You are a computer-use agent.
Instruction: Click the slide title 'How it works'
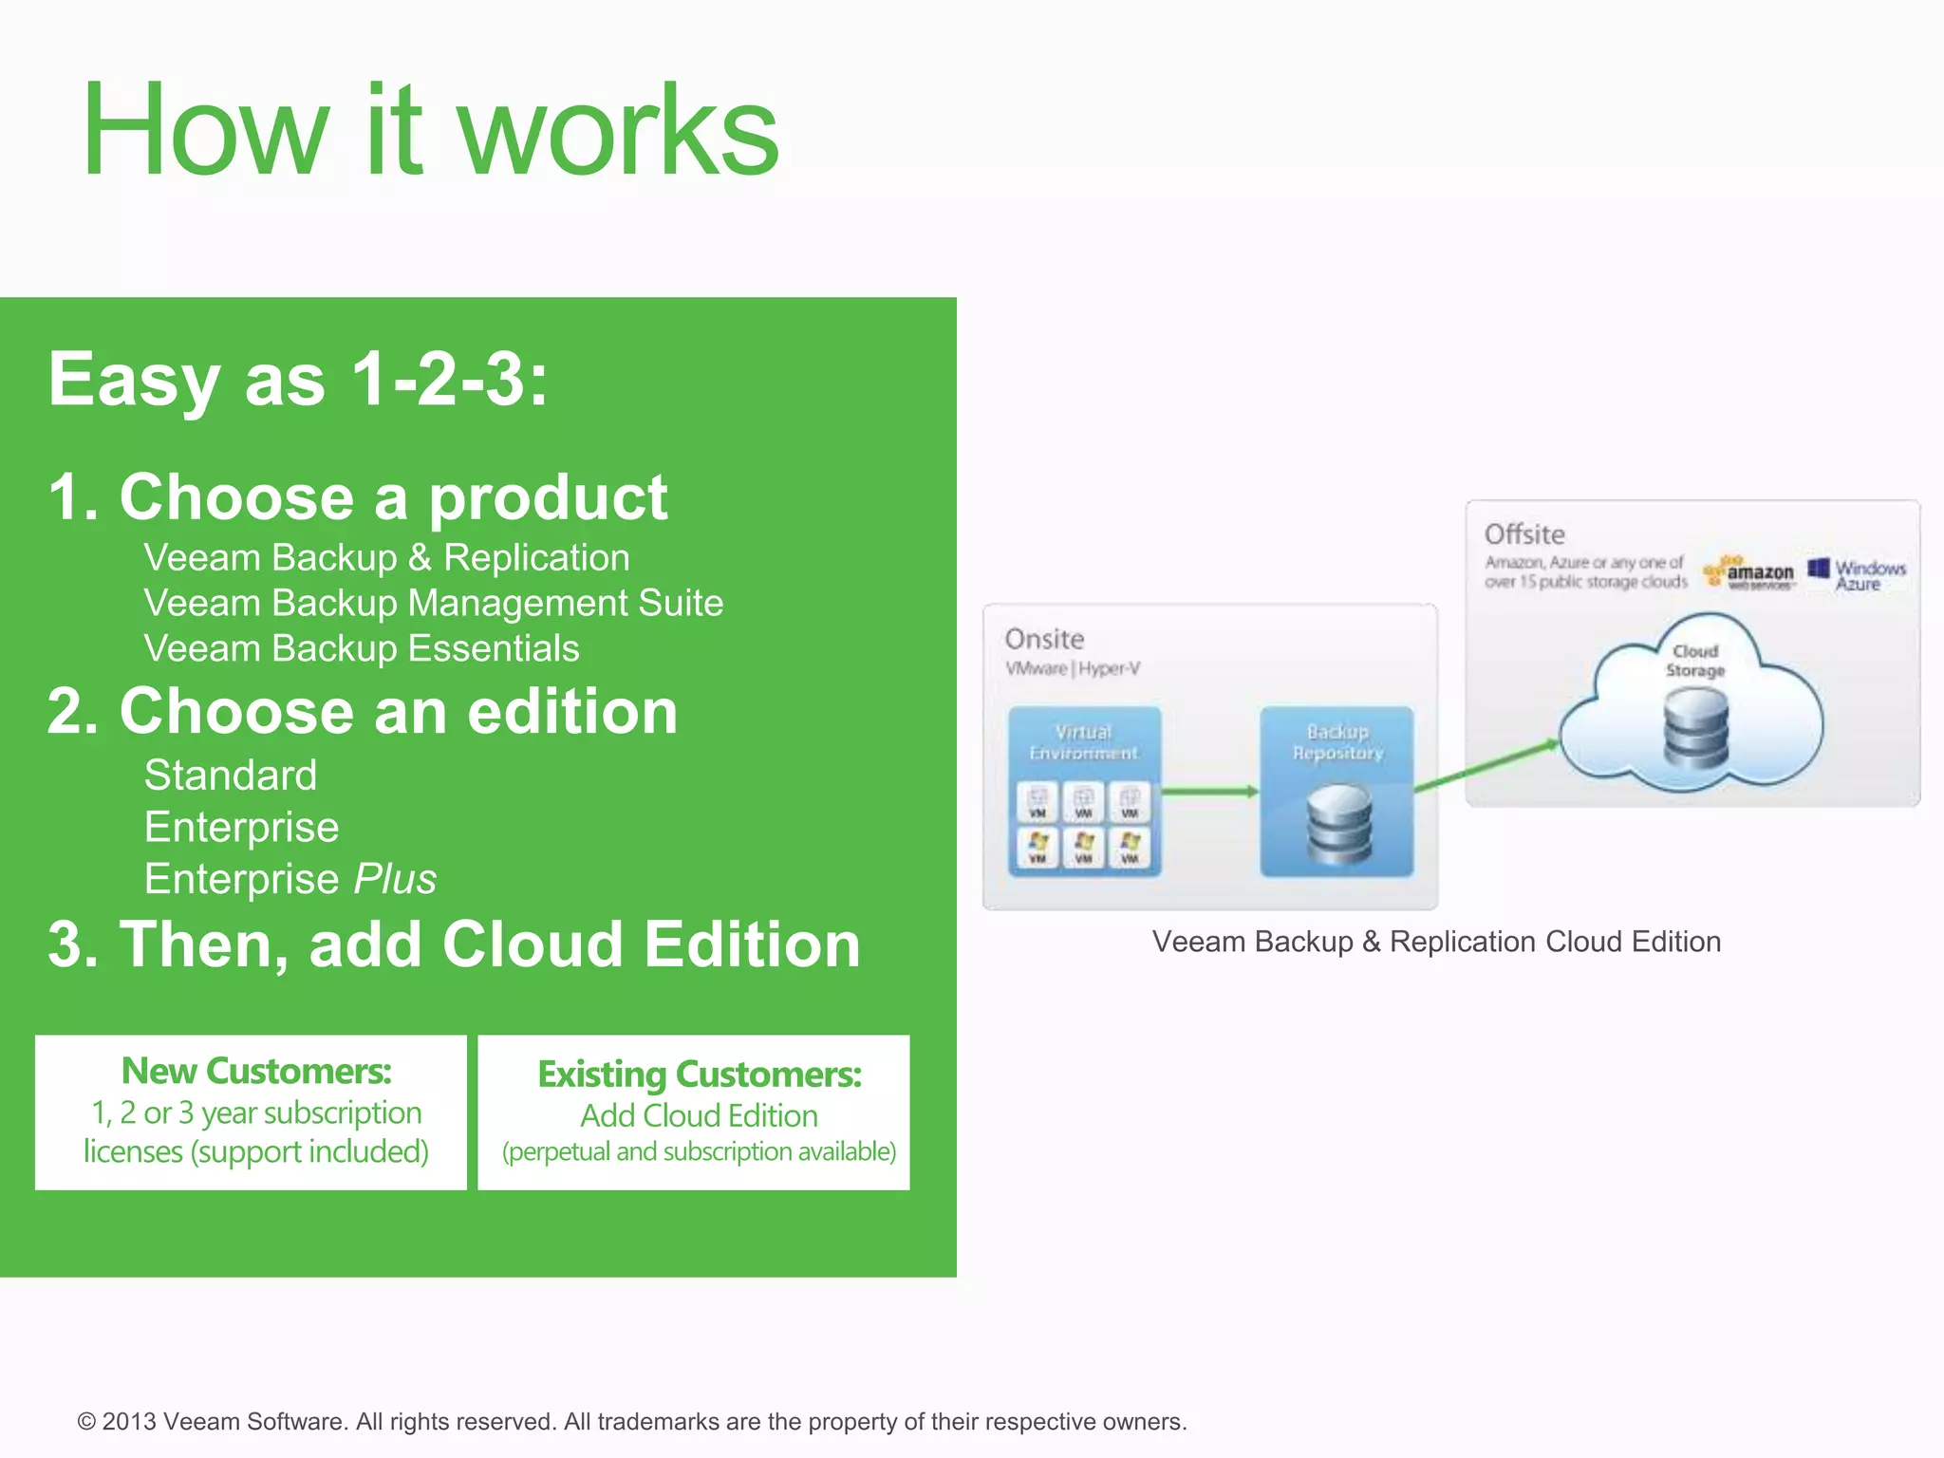[x=429, y=130]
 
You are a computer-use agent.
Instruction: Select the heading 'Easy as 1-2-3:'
[x=298, y=379]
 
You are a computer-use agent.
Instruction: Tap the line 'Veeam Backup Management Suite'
[x=433, y=603]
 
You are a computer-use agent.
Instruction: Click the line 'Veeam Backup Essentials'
[x=361, y=648]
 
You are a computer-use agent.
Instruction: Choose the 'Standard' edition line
[x=231, y=775]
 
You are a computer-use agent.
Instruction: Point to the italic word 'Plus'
[x=395, y=879]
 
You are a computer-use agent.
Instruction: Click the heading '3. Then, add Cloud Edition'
[x=454, y=944]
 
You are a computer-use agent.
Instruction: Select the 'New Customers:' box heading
[x=256, y=1071]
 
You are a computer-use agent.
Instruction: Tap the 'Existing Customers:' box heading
[x=699, y=1075]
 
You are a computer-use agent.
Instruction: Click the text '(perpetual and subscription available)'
[x=699, y=1151]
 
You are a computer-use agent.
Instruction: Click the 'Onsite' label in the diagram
[x=1044, y=639]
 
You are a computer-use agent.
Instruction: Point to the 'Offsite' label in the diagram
[x=1524, y=534]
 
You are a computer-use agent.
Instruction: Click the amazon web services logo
[x=1750, y=572]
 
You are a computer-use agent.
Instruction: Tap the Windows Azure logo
[x=1858, y=574]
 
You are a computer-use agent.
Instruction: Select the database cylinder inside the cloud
[x=1695, y=728]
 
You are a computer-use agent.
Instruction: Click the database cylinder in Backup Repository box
[x=1338, y=823]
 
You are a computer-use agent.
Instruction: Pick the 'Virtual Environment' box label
[x=1083, y=742]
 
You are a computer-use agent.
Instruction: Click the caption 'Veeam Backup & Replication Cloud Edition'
[x=1436, y=942]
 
